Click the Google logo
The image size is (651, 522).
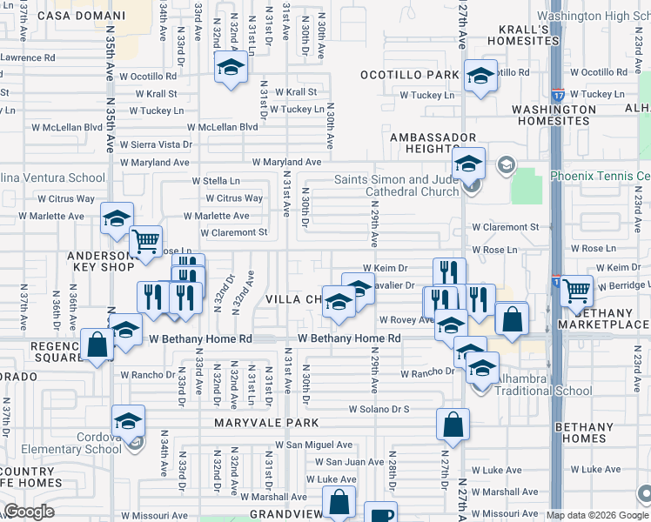click(x=30, y=512)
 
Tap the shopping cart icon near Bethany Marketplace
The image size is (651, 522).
click(x=576, y=291)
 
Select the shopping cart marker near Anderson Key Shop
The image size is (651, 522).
click(x=146, y=242)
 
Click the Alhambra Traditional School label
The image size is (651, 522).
click(x=544, y=391)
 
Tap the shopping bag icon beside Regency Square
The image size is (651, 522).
click(x=97, y=344)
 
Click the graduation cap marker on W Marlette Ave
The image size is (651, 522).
click(x=116, y=218)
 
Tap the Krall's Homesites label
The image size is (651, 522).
click(x=522, y=36)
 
